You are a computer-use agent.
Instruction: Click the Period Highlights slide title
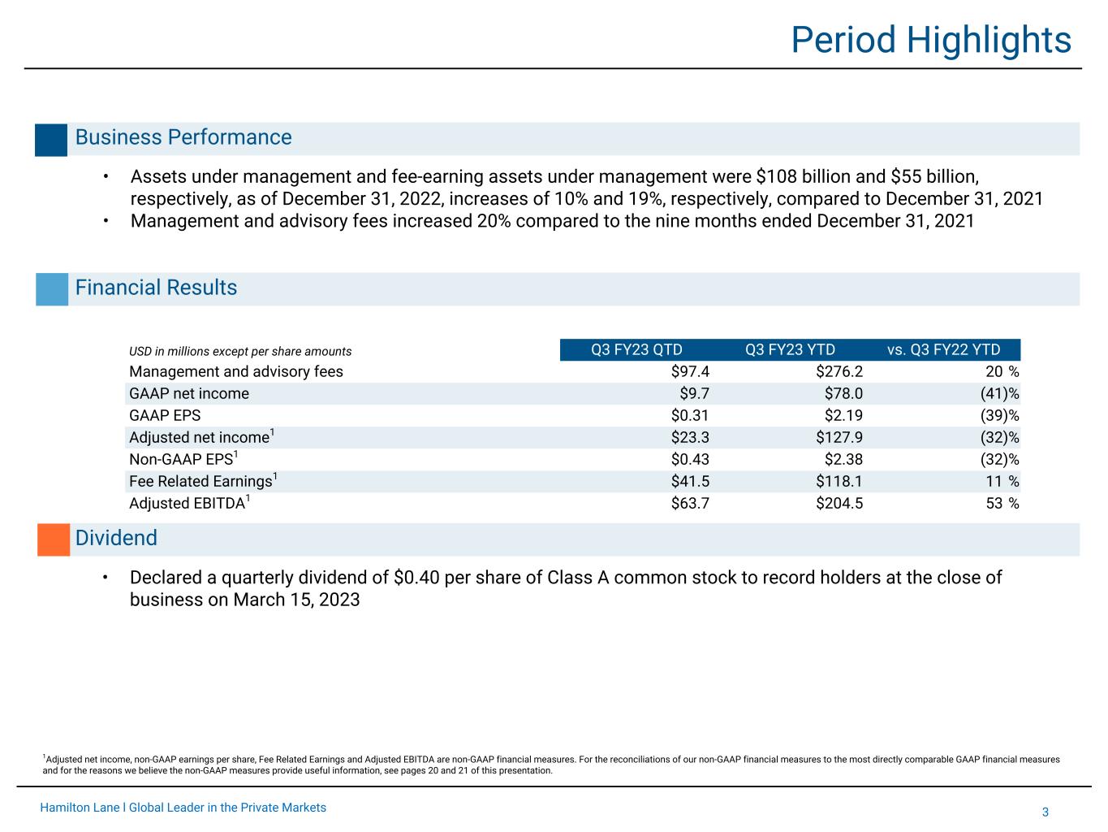pyautogui.click(x=930, y=41)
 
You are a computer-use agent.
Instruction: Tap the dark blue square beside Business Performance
pyautogui.click(x=51, y=140)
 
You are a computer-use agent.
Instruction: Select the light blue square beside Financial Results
pyautogui.click(x=52, y=289)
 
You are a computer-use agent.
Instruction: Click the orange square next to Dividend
pyautogui.click(x=54, y=539)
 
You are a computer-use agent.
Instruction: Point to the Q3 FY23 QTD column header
pyautogui.click(x=636, y=349)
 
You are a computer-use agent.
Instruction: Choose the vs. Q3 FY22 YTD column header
pyautogui.click(x=943, y=349)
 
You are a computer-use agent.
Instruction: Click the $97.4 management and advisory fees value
pyautogui.click(x=690, y=372)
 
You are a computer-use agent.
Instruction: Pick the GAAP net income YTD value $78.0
pyautogui.click(x=843, y=393)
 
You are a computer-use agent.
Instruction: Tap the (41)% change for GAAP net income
pyautogui.click(x=999, y=393)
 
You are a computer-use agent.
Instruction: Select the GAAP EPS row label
pyautogui.click(x=165, y=415)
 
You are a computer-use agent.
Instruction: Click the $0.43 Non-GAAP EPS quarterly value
pyautogui.click(x=690, y=459)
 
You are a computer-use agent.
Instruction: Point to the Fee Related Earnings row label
pyautogui.click(x=203, y=480)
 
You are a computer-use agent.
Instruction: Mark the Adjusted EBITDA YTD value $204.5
pyautogui.click(x=839, y=503)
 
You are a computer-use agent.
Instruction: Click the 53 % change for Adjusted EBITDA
pyautogui.click(x=1002, y=503)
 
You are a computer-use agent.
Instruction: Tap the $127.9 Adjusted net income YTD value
pyautogui.click(x=839, y=437)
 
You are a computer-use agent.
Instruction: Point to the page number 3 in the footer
pyautogui.click(x=1045, y=812)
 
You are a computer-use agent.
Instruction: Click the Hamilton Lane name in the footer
pyautogui.click(x=80, y=808)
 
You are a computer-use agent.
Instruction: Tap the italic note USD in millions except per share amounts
pyautogui.click(x=240, y=351)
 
